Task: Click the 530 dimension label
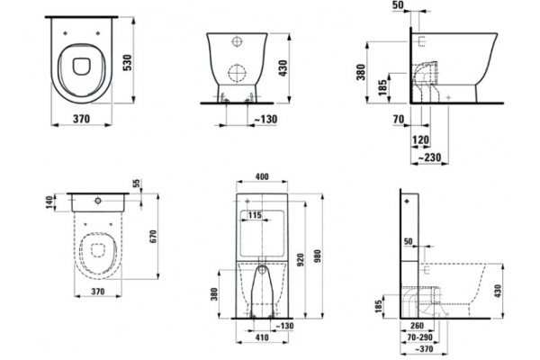click(x=128, y=63)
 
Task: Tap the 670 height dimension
click(x=153, y=237)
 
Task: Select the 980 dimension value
click(x=317, y=256)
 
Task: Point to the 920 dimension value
click(x=301, y=260)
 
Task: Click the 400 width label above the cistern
click(x=262, y=176)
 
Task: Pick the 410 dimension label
click(x=262, y=337)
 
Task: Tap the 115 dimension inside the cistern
click(x=255, y=215)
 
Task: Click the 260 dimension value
click(x=417, y=326)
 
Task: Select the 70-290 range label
click(x=419, y=337)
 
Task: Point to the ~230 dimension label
click(x=429, y=157)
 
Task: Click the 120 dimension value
click(x=421, y=139)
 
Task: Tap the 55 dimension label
click(x=137, y=184)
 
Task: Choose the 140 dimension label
click(x=50, y=202)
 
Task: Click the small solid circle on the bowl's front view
click(x=237, y=41)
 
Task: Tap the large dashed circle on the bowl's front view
click(x=238, y=73)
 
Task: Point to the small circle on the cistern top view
click(x=98, y=200)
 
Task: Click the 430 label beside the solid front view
click(x=283, y=68)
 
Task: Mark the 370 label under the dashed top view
click(x=98, y=292)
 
